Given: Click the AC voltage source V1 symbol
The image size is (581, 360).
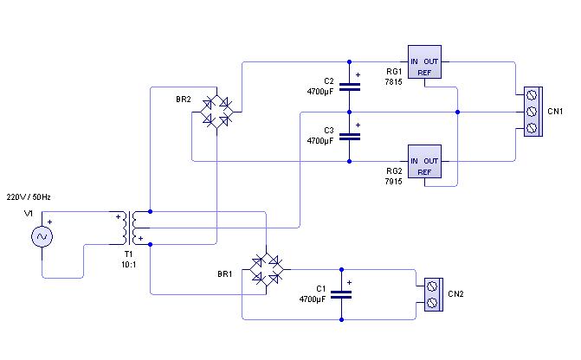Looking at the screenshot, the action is pos(42,236).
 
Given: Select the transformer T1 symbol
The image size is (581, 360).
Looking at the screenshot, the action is pos(130,228).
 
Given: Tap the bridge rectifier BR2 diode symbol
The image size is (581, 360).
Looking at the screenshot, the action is pos(216,112).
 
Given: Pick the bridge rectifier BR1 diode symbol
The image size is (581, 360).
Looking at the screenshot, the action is pos(267,270).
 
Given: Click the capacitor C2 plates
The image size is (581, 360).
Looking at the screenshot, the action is pos(350,87).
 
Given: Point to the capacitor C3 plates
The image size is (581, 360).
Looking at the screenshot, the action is pos(350,137).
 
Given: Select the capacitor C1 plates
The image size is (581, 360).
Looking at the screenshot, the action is pos(341,295).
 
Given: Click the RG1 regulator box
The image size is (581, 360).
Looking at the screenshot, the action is pos(424,61).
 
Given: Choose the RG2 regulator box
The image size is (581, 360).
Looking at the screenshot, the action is pos(424,162).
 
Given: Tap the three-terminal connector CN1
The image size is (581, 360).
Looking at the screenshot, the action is pos(533,112).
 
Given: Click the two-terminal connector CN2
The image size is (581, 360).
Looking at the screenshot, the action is pos(434,295).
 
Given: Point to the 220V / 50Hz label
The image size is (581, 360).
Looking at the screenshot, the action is pos(29,197).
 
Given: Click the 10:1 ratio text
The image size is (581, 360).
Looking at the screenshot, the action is pos(128,265).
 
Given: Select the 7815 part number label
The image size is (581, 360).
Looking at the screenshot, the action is pos(393,82).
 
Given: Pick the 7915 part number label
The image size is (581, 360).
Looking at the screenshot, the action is pos(393,182).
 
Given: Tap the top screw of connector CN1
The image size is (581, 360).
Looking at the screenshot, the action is pos(532,95).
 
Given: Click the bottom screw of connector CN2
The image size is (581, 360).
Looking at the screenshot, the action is pos(432,303).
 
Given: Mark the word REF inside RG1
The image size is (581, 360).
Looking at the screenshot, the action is pos(424,73).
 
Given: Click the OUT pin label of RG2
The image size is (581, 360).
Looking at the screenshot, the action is pos(431,161).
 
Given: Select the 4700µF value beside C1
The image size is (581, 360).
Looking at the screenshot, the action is pos(313,299).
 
